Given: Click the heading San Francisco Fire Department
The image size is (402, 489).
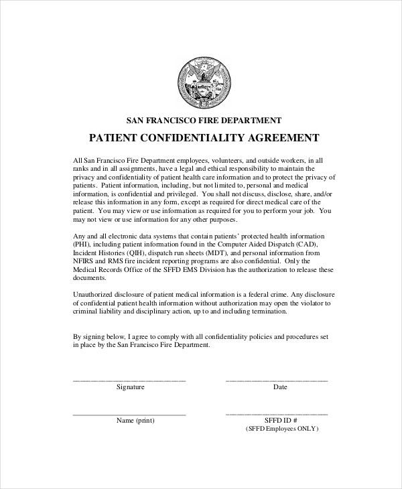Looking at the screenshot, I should click(204, 121).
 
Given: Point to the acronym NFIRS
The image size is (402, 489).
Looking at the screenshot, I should click(84, 263).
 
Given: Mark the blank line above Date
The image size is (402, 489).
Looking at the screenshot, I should click(277, 380).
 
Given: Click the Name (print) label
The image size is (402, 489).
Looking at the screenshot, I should click(135, 421).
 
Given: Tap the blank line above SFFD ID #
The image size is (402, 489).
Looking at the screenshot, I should click(277, 414).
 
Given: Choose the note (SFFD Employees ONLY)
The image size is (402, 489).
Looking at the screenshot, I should click(281, 429).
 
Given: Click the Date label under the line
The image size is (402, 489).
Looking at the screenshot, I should click(280, 387).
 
